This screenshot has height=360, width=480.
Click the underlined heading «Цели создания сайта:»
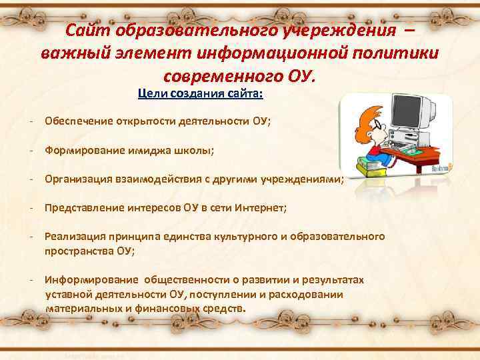(x=201, y=93)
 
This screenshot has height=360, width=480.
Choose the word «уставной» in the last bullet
(x=67, y=294)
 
